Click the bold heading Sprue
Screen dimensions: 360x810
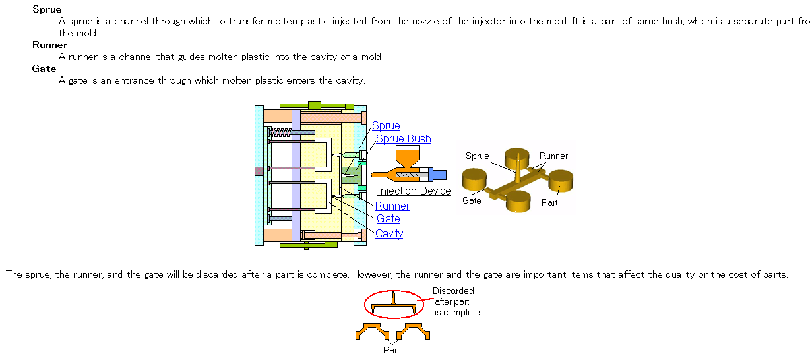(47, 9)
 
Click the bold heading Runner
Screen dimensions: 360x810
(50, 45)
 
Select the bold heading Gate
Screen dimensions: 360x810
(44, 69)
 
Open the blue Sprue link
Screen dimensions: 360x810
(386, 126)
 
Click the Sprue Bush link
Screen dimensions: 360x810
(404, 139)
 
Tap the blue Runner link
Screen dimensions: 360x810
(392, 206)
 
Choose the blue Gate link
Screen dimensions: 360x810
(389, 219)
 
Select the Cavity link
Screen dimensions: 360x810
(389, 234)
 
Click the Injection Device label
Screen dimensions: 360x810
(414, 191)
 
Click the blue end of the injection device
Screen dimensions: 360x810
(438, 175)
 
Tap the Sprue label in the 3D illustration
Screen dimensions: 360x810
(477, 156)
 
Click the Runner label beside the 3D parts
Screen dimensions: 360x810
(553, 156)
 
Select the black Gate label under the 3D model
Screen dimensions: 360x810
(472, 200)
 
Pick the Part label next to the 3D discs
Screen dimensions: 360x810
(549, 202)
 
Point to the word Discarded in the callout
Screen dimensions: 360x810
(453, 291)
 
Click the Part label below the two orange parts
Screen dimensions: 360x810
(392, 350)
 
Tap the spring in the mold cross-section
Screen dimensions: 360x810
(281, 133)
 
